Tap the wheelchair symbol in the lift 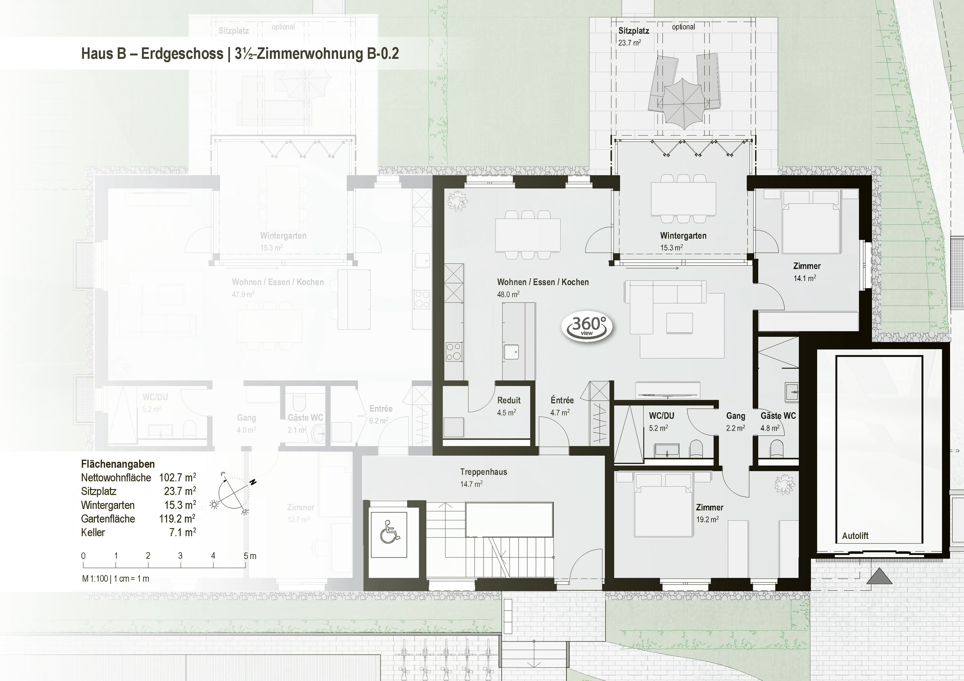tap(390, 531)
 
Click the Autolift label tap(855, 536)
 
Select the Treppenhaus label tap(483, 472)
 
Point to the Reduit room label tap(508, 400)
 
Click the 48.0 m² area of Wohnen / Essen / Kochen tap(508, 295)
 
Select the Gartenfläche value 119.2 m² tap(177, 518)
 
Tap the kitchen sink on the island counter tap(511, 352)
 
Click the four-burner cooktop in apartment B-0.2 tap(454, 352)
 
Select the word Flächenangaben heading tap(118, 464)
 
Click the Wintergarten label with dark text tap(683, 236)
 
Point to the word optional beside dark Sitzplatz tap(683, 27)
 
